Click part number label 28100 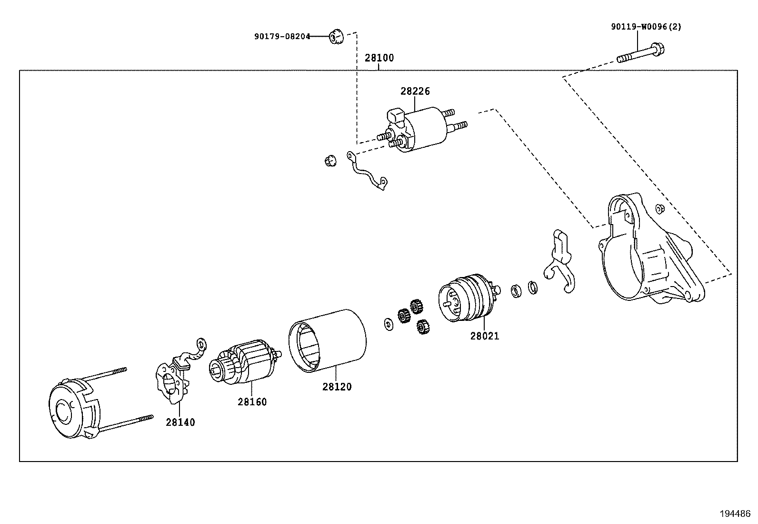coord(379,58)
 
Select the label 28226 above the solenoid coord(415,91)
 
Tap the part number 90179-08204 coord(282,36)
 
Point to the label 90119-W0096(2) coord(646,27)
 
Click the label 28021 coord(485,336)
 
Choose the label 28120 coord(337,387)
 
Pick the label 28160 coord(252,402)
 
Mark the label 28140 coord(180,422)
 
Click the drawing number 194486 coord(735,514)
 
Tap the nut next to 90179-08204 coord(336,37)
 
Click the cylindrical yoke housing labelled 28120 coord(329,339)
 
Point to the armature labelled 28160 coord(245,362)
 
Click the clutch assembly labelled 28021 coord(467,298)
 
